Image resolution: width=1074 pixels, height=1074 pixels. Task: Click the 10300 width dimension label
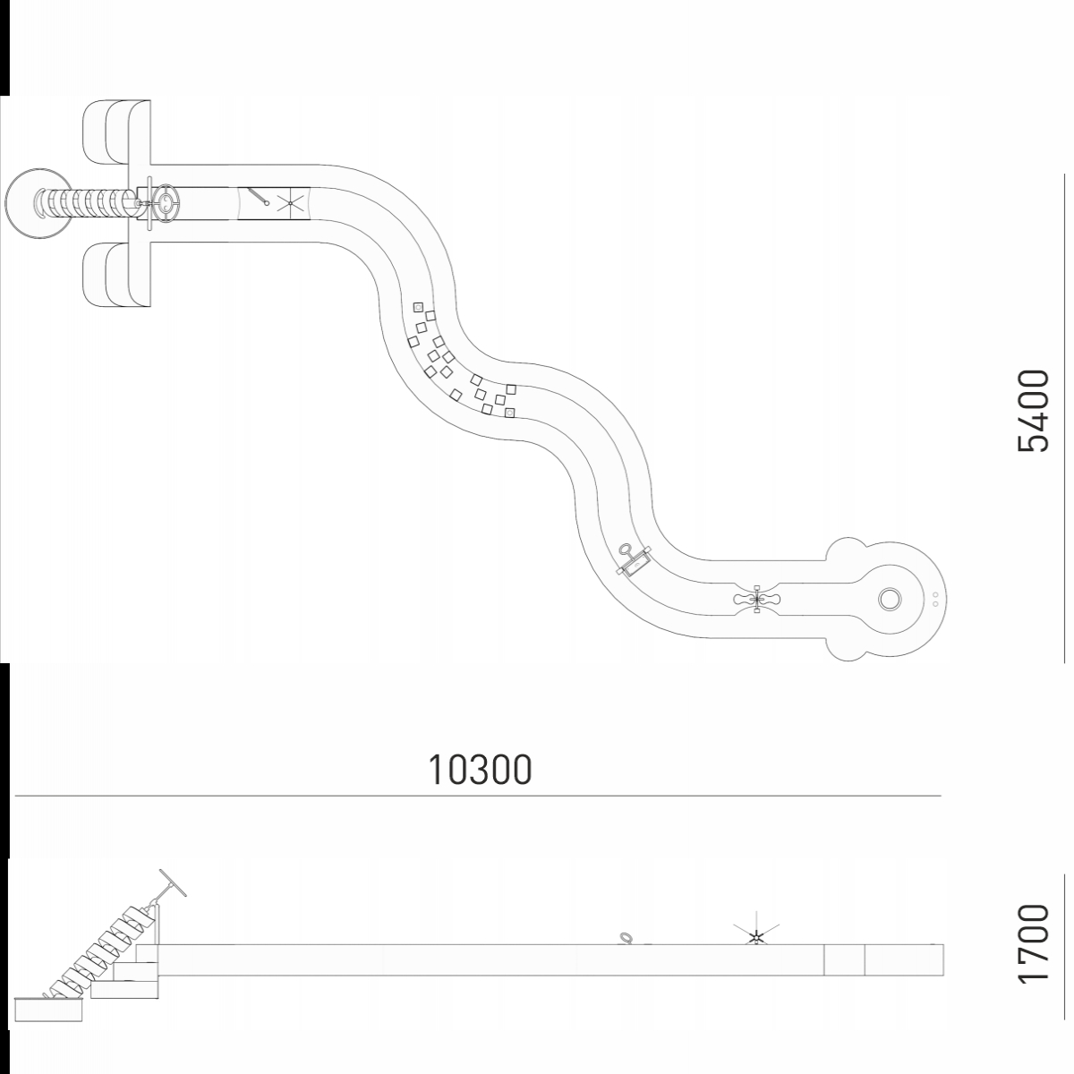tap(480, 771)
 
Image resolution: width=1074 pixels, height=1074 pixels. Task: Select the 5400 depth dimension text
tap(1034, 410)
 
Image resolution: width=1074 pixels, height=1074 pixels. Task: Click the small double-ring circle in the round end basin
tap(889, 600)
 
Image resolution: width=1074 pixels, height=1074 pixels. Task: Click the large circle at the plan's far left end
tap(39, 203)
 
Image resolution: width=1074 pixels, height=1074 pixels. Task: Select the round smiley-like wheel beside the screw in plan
tap(166, 203)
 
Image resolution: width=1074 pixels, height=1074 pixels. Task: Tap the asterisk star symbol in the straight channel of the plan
tap(290, 203)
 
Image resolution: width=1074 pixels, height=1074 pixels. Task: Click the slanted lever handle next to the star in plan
tap(259, 196)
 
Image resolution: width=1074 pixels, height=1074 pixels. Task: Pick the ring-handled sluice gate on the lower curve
tap(634, 560)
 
